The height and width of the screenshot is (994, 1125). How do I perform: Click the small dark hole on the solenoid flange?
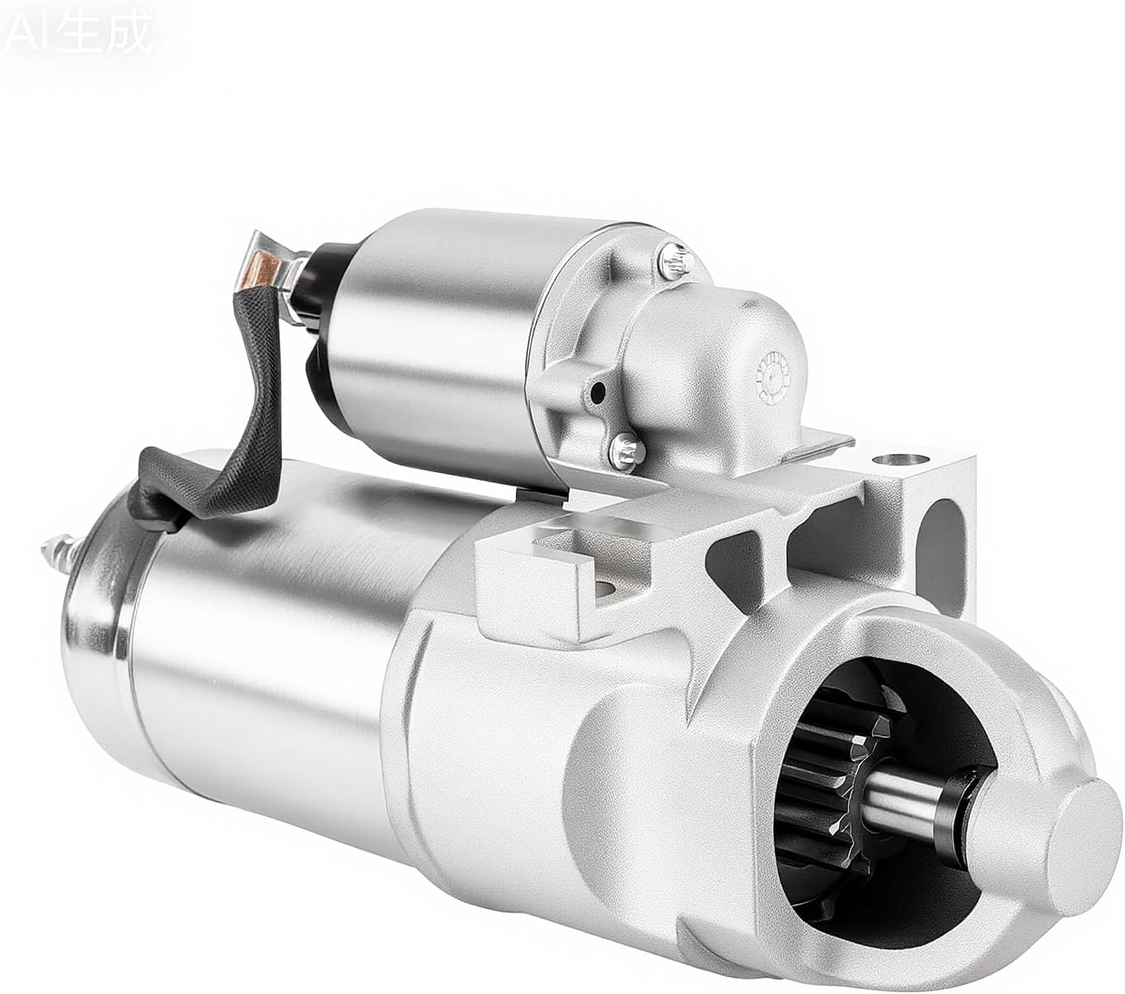597,392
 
